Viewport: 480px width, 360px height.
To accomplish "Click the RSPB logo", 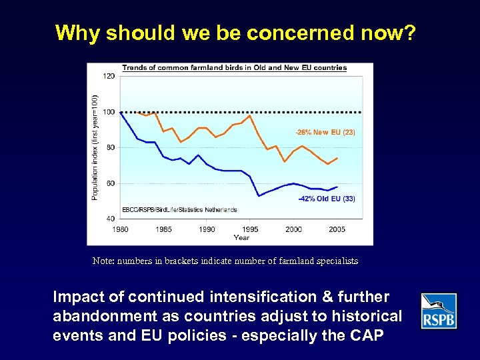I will [x=439, y=311].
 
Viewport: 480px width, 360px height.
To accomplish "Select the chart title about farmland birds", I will [x=234, y=67].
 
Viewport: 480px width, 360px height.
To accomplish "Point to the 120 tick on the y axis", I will [x=109, y=76].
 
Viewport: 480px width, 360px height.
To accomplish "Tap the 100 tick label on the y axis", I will [x=109, y=112].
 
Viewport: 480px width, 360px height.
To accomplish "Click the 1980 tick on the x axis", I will [x=120, y=229].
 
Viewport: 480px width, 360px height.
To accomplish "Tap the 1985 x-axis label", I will [x=163, y=229].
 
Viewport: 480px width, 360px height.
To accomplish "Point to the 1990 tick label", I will [x=207, y=229].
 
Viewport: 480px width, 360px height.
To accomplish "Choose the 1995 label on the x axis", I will [x=250, y=229].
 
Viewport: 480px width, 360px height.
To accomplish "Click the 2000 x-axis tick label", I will [x=293, y=229].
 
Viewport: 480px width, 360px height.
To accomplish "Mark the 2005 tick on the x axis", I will [x=337, y=229].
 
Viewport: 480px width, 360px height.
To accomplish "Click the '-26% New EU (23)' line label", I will [x=325, y=132].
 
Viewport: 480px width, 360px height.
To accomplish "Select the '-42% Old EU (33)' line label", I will [x=327, y=199].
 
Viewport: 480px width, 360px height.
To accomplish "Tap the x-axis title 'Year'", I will [x=241, y=237].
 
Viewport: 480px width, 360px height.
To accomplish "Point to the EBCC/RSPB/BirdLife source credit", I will [x=179, y=210].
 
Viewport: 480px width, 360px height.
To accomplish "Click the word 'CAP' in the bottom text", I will [x=365, y=335].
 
